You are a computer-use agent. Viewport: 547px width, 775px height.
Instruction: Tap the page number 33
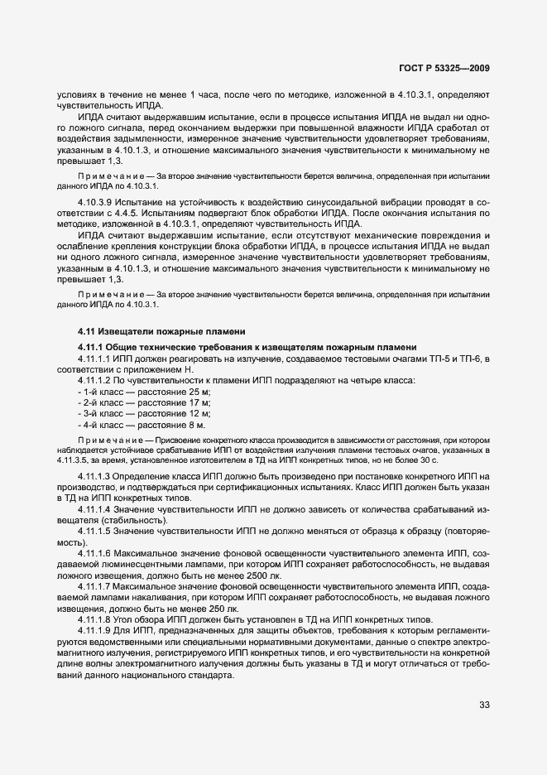(484, 705)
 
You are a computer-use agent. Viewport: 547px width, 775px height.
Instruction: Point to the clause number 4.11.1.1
(94, 357)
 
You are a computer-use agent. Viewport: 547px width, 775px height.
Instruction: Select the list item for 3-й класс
(144, 412)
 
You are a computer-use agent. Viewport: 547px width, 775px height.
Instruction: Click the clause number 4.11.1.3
(94, 478)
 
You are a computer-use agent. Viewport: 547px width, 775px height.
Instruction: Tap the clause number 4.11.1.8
(94, 619)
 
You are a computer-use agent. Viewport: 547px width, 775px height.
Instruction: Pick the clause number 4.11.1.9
(94, 631)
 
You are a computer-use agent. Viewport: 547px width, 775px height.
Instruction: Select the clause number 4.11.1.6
(94, 551)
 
